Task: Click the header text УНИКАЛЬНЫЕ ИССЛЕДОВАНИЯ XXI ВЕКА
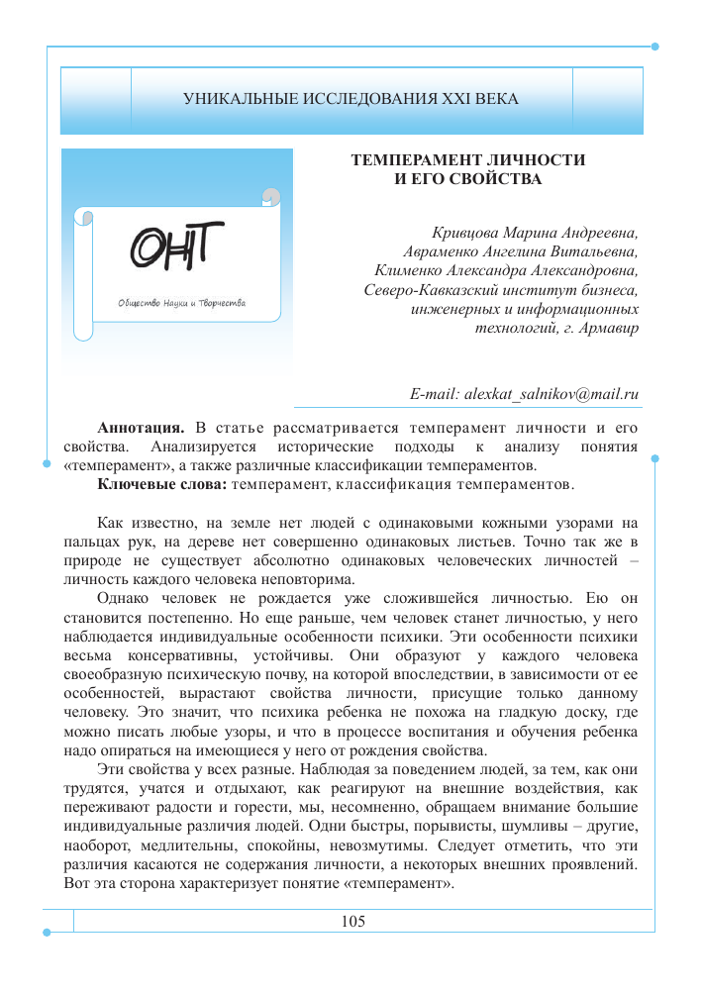click(x=351, y=99)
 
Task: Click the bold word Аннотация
click(x=141, y=428)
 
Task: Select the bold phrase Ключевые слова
click(x=163, y=484)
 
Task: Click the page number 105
click(x=352, y=922)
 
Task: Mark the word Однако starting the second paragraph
click(x=124, y=599)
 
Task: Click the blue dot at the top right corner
click(x=656, y=46)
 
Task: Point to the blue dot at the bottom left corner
click(x=47, y=931)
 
